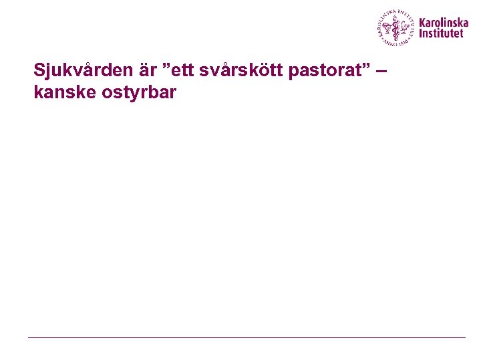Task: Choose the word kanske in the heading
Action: (61, 92)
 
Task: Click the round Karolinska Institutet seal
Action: (395, 27)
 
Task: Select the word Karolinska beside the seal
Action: (444, 22)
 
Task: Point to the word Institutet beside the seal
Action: (441, 33)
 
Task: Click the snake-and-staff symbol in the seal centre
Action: (396, 28)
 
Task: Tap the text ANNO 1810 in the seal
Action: (396, 41)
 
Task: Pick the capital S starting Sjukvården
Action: (39, 70)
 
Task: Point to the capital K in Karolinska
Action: (422, 22)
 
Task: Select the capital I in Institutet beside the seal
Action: (421, 33)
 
